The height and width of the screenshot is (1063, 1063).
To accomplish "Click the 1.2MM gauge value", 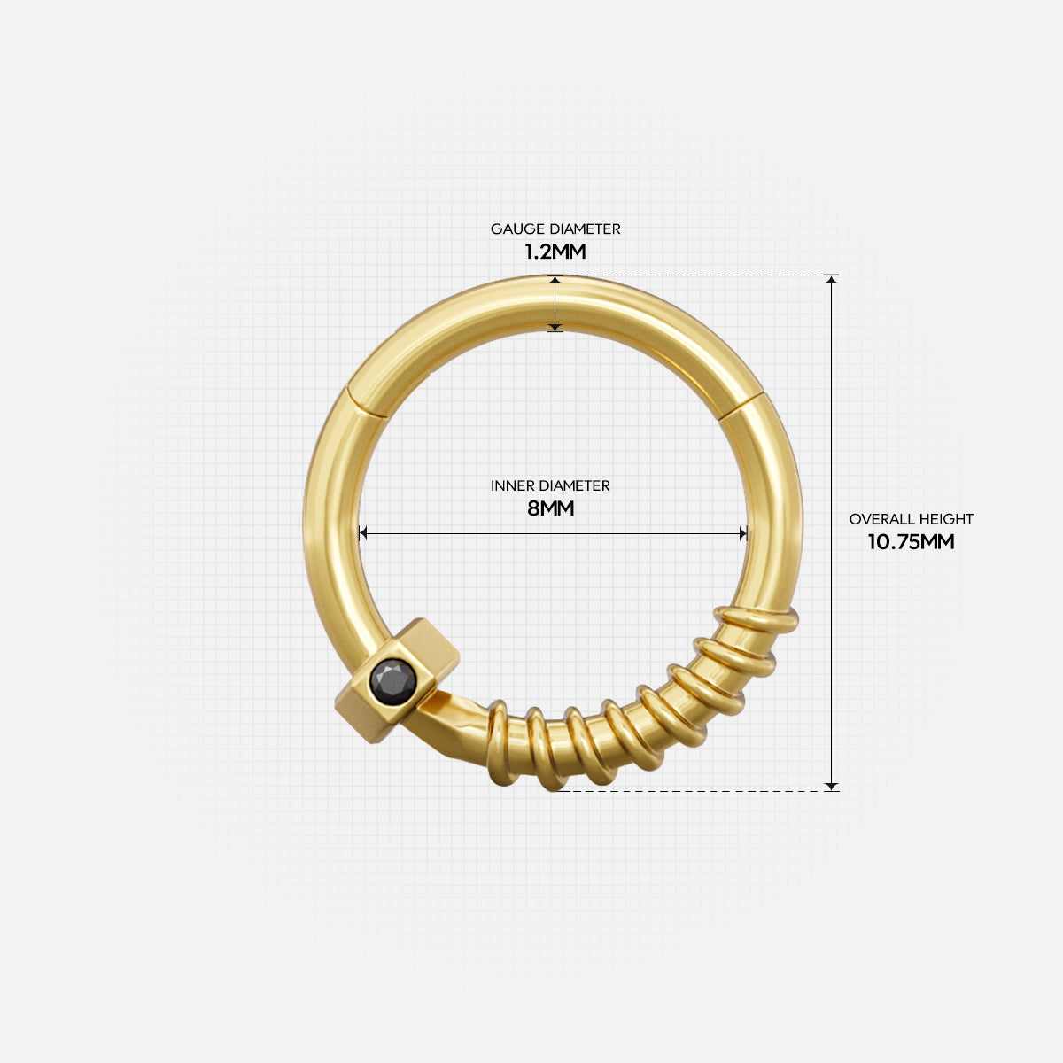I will click(x=555, y=252).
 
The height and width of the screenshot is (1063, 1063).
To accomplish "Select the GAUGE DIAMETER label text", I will click(x=555, y=229).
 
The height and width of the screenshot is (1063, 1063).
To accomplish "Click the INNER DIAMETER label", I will click(x=550, y=485).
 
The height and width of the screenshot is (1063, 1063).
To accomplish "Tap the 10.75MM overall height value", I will click(x=911, y=542).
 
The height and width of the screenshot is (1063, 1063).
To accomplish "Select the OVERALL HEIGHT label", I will click(x=911, y=519).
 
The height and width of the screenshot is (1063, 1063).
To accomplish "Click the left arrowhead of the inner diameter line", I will click(x=362, y=533).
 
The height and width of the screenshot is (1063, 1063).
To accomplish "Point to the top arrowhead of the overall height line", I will click(x=831, y=281).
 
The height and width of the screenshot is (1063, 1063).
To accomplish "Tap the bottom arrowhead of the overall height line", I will click(x=831, y=784).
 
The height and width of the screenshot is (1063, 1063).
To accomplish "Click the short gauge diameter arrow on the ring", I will click(x=555, y=303).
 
